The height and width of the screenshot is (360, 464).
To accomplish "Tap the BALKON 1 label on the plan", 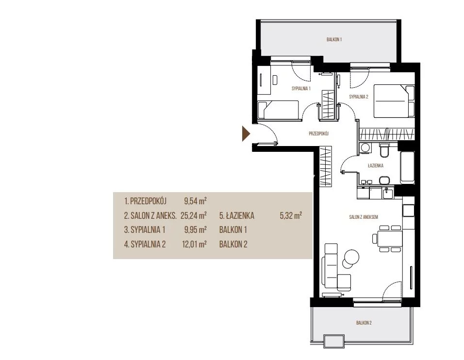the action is click(x=334, y=39).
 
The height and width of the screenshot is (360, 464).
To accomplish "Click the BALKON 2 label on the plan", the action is click(x=364, y=323).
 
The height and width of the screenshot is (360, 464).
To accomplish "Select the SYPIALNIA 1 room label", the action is click(x=301, y=88).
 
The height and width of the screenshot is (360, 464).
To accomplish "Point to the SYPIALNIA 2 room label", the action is click(x=359, y=97).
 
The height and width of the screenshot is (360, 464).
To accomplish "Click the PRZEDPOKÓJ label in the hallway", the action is click(x=319, y=134).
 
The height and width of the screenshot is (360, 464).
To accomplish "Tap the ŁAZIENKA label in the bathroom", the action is click(x=376, y=165).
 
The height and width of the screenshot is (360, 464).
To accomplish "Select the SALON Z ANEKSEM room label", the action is click(x=364, y=217).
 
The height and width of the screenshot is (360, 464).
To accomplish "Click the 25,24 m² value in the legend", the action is click(x=194, y=215).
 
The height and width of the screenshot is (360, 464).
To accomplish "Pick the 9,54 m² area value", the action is click(x=195, y=201).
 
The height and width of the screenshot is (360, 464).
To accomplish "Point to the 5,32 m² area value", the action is click(x=291, y=215).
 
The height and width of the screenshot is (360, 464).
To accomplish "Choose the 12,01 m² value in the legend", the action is click(x=194, y=244).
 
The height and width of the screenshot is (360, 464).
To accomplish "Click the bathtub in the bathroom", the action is click(x=408, y=167).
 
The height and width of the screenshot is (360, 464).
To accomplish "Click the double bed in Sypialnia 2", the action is click(x=394, y=101).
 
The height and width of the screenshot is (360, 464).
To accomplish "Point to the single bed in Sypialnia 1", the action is click(x=278, y=110).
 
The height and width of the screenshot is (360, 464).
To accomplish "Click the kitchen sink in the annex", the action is click(x=388, y=194).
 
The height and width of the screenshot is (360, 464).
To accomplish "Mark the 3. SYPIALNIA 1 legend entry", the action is click(x=145, y=230).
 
